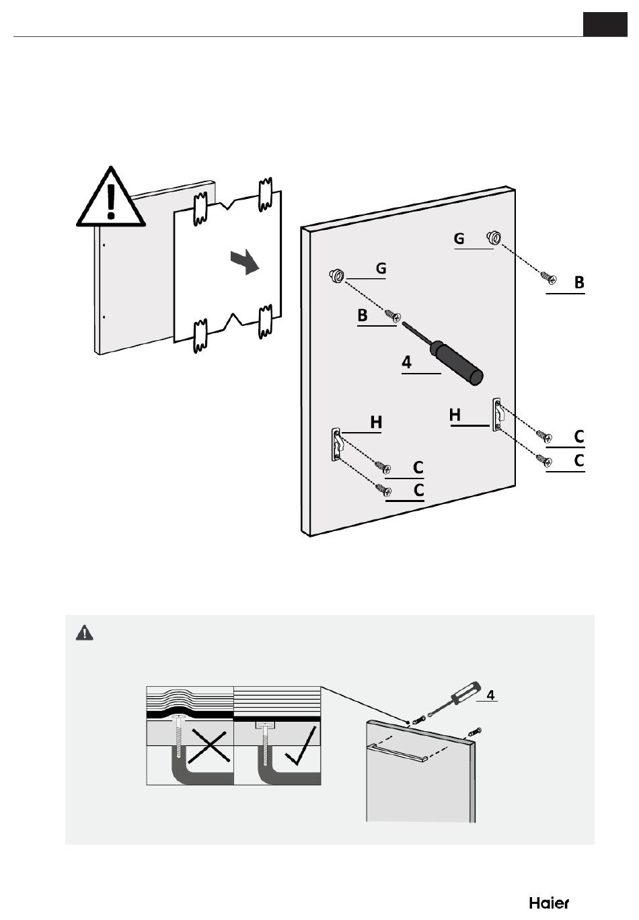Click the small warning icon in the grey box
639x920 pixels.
[84, 633]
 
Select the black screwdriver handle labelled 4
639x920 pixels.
[455, 364]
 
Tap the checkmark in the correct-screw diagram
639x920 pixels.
[300, 745]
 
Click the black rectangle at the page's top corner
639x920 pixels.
[605, 24]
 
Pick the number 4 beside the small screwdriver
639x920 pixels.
[490, 695]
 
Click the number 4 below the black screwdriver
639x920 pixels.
[406, 362]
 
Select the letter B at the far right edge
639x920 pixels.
[579, 282]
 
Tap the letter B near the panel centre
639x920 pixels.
[363, 315]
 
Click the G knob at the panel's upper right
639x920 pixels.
[494, 237]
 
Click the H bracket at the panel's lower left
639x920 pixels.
[336, 444]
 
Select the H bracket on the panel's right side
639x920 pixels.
[496, 414]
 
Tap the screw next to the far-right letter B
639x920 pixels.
[549, 278]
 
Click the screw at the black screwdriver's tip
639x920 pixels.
[393, 316]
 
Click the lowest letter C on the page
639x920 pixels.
[418, 490]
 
